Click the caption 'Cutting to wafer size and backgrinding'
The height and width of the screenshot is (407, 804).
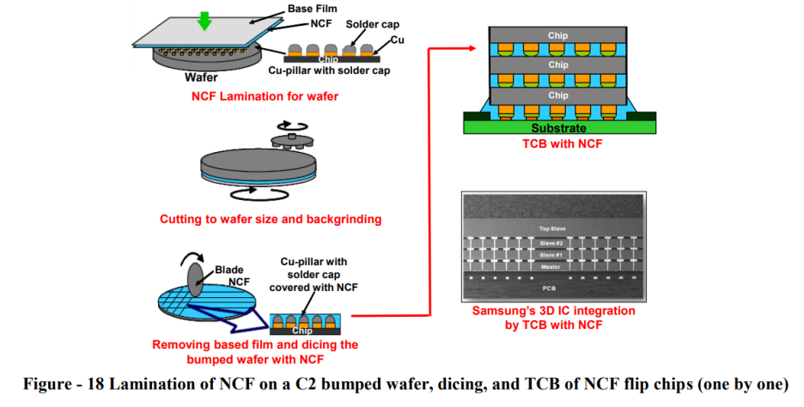pyautogui.click(x=271, y=219)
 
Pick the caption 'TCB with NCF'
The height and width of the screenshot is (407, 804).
pyautogui.click(x=559, y=143)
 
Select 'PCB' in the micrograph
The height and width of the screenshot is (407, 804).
pyautogui.click(x=560, y=289)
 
